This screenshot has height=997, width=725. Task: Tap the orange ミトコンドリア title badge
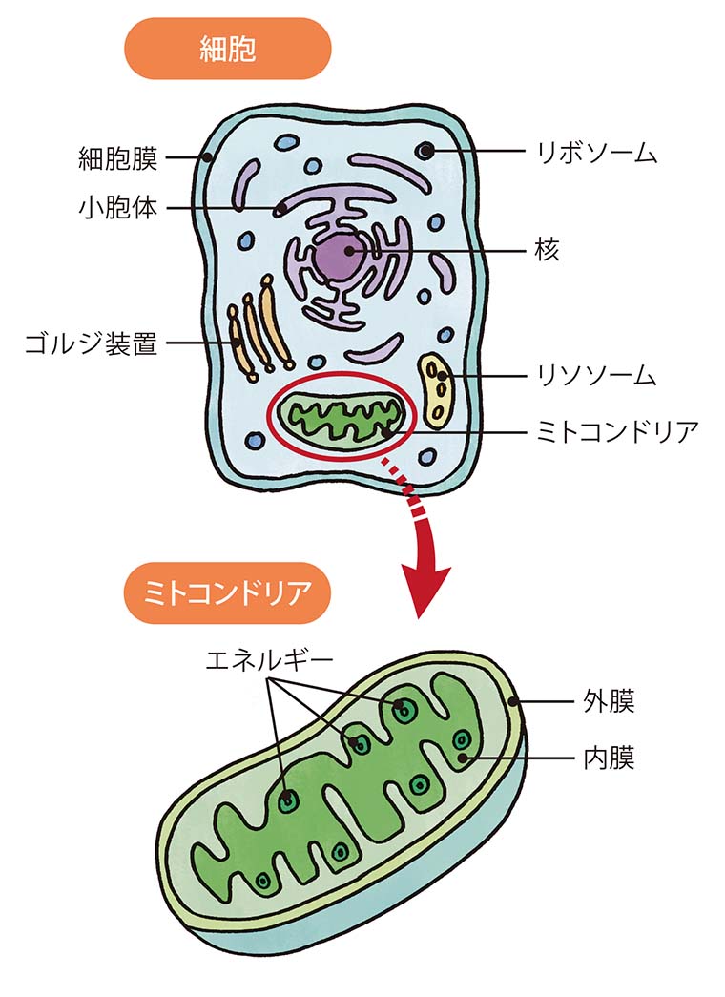point(228,593)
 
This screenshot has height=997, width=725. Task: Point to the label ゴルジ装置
point(92,343)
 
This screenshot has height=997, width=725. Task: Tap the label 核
point(547,250)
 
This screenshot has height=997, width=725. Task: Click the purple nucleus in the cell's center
point(337,255)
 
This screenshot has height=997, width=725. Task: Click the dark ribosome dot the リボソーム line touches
point(425,151)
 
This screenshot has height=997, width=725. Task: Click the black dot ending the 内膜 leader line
point(465,758)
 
